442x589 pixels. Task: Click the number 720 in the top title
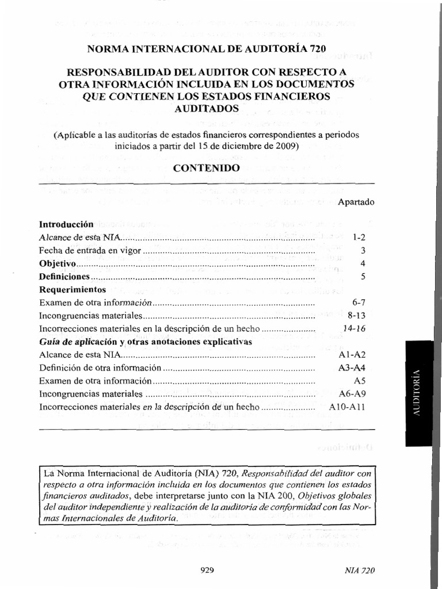pyautogui.click(x=317, y=49)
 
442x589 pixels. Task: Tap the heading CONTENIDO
pyautogui.click(x=206, y=168)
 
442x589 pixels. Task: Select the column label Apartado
pyautogui.click(x=356, y=202)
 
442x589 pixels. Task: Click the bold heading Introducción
pyautogui.click(x=66, y=224)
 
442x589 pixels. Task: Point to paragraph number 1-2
pyautogui.click(x=359, y=238)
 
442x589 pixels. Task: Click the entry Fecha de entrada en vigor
pyautogui.click(x=90, y=251)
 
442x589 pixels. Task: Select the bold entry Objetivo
pyautogui.click(x=58, y=264)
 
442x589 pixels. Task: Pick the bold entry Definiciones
pyautogui.click(x=63, y=277)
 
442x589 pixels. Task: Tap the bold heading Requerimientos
pyautogui.click(x=73, y=289)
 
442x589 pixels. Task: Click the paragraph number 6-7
pyautogui.click(x=359, y=303)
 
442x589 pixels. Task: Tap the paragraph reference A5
pyautogui.click(x=360, y=381)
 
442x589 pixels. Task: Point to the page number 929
pyautogui.click(x=207, y=571)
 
